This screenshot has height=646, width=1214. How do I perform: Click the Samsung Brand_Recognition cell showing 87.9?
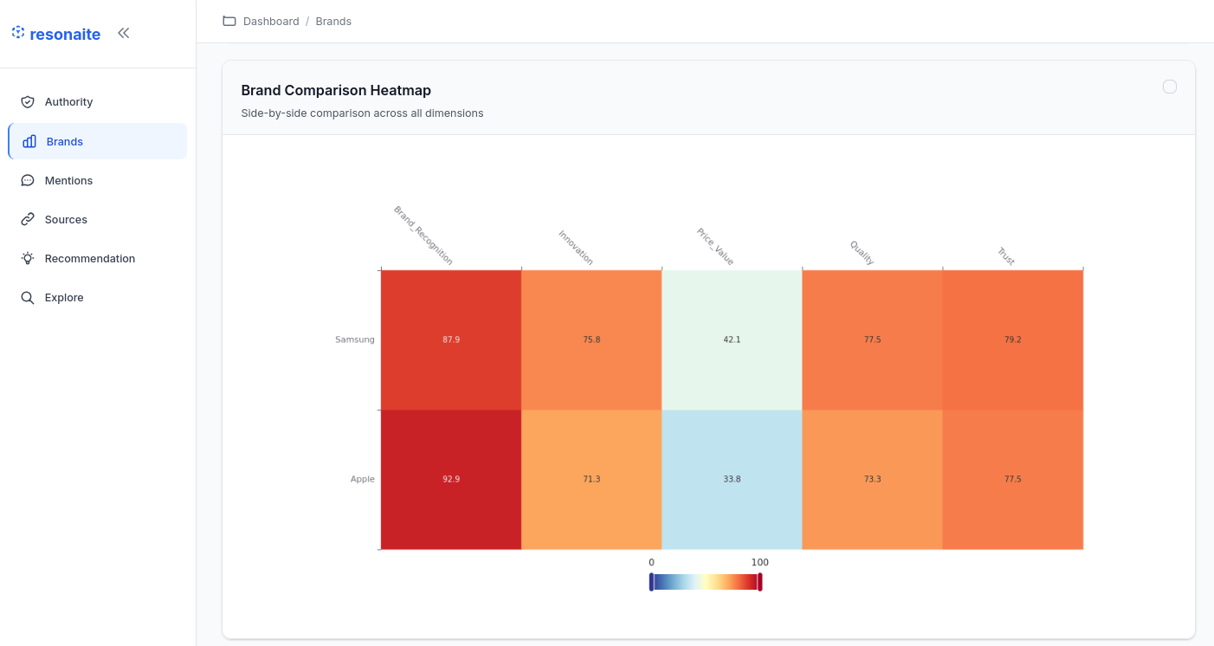[450, 339]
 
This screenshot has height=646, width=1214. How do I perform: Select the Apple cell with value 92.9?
[450, 479]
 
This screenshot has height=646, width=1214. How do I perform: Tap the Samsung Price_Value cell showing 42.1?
[732, 339]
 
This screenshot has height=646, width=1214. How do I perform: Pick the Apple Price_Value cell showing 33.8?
[732, 479]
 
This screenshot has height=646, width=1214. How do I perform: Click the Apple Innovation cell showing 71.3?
[591, 479]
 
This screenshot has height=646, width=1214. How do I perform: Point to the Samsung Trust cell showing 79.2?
[1012, 339]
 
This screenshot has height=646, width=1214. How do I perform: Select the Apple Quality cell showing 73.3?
[872, 479]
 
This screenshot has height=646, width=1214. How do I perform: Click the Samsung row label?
[355, 339]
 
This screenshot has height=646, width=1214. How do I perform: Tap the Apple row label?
[362, 479]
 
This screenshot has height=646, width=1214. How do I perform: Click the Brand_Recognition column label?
[423, 236]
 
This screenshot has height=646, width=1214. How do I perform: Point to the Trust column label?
[1005, 256]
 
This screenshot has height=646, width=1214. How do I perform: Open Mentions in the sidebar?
[68, 180]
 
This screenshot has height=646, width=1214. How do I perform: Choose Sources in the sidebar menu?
[66, 219]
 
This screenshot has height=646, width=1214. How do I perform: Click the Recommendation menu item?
[89, 258]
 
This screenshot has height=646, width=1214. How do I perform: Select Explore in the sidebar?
[64, 297]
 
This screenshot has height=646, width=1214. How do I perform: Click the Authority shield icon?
[28, 101]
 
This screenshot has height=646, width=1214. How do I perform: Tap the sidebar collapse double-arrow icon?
[124, 33]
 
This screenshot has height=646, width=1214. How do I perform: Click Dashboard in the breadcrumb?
[271, 21]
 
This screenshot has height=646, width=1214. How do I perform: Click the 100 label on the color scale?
[759, 563]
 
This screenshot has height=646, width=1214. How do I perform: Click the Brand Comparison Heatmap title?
[336, 90]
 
